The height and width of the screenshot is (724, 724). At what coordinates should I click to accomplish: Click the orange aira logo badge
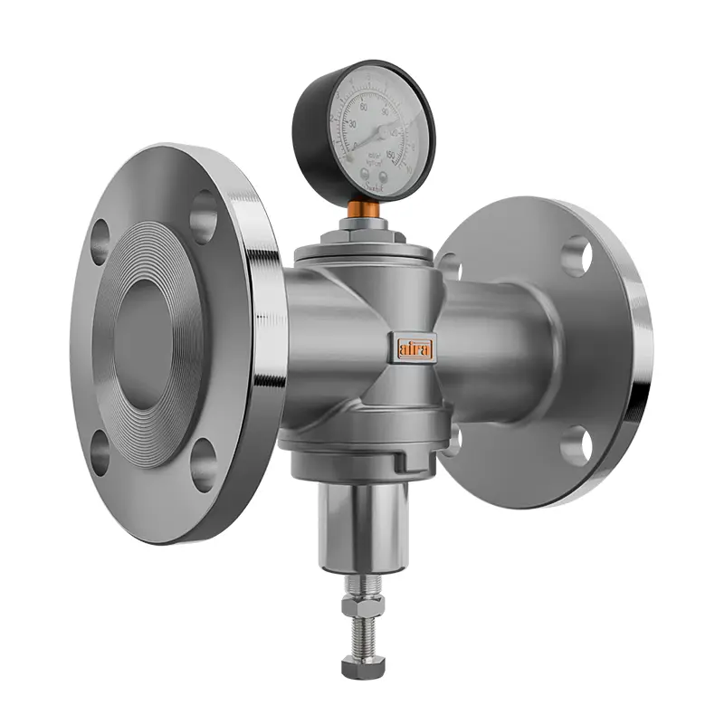click(414, 348)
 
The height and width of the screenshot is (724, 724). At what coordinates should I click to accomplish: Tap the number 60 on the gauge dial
click(364, 108)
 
